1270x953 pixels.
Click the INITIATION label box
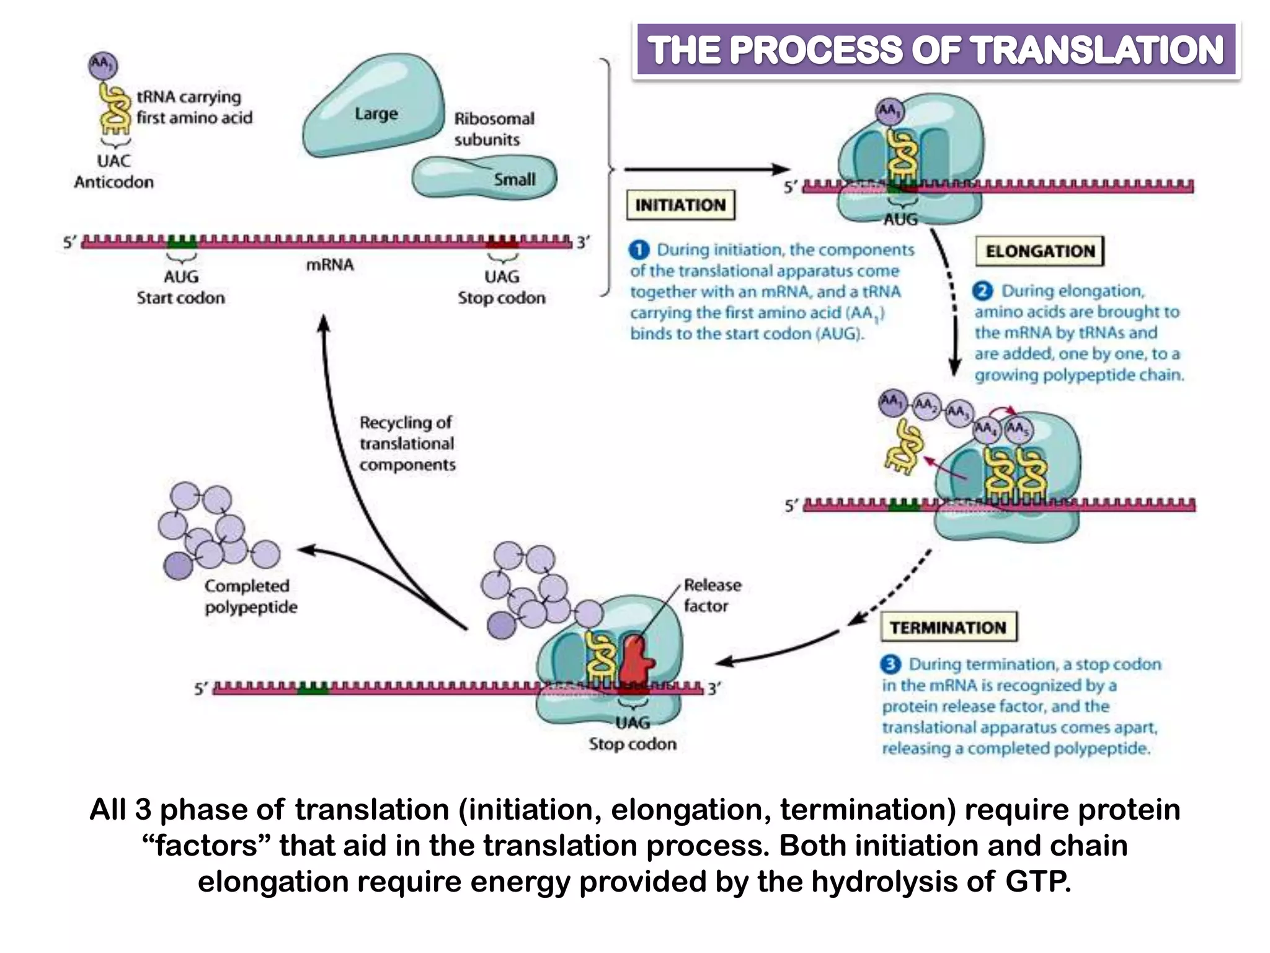coord(680,205)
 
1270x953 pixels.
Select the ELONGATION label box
coord(1040,251)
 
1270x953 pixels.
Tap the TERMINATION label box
coord(948,627)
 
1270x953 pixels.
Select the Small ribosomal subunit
coord(484,177)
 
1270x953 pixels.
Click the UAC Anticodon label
coord(114,171)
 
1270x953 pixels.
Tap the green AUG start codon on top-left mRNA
coord(182,241)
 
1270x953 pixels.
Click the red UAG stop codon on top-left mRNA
coord(502,241)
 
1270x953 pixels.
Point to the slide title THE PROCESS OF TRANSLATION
coord(936,50)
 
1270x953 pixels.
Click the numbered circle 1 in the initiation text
coord(639,250)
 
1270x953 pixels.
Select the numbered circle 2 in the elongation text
coord(982,291)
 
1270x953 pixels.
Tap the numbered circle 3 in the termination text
coord(890,664)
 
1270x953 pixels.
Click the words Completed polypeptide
coord(251,596)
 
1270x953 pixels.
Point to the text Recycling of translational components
coord(407,443)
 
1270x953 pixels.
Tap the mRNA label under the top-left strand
coord(330,265)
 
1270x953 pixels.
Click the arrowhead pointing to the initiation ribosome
coord(782,169)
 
